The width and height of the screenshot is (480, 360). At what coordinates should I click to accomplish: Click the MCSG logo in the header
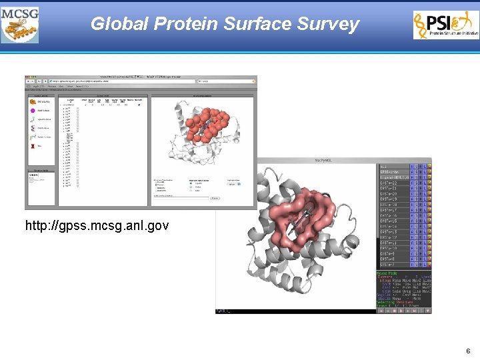(x=20, y=25)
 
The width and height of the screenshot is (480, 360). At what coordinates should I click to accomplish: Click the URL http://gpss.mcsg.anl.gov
(x=97, y=226)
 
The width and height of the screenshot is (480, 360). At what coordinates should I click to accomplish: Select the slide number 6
(x=469, y=351)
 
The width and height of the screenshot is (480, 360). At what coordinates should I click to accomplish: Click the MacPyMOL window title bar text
(x=324, y=161)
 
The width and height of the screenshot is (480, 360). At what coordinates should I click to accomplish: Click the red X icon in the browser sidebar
(x=33, y=145)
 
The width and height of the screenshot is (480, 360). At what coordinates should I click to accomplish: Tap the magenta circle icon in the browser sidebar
(x=33, y=111)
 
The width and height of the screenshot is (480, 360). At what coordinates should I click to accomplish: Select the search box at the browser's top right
(x=225, y=81)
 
